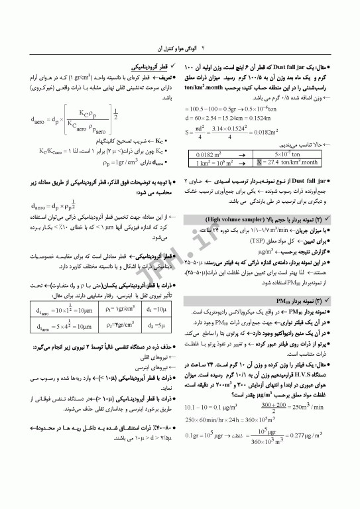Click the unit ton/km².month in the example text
(206, 87)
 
